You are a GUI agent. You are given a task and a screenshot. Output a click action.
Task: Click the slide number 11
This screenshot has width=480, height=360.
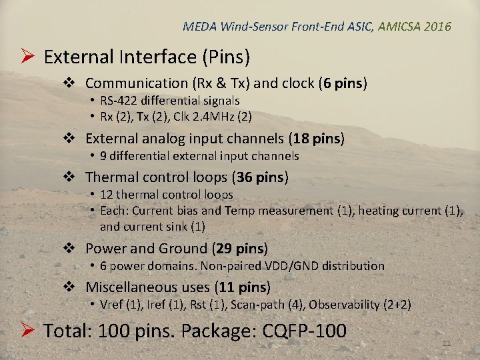[x=447, y=343]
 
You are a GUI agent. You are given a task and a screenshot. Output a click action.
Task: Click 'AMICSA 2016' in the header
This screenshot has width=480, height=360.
[x=414, y=27]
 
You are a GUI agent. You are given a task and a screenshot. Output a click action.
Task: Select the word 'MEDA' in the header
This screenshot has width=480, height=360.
[x=198, y=27]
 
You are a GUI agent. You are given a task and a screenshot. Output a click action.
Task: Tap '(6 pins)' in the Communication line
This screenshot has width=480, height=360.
[x=343, y=83]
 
